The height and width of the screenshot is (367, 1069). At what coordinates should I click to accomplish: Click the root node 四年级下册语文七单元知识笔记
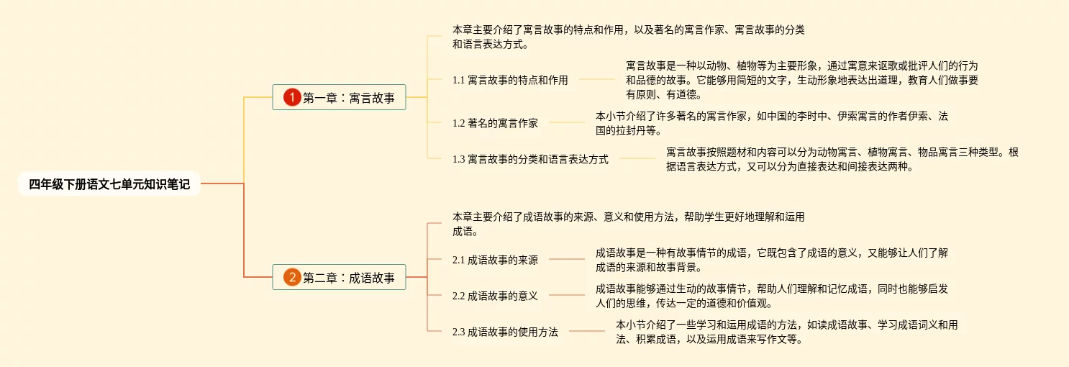(109, 184)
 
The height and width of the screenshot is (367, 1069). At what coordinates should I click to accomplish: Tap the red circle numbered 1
(291, 98)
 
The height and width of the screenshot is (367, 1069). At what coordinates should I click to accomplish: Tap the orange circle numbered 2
(291, 278)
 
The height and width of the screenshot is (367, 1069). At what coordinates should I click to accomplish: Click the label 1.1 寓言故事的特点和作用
(510, 80)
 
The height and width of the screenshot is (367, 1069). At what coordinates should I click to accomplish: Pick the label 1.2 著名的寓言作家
(495, 123)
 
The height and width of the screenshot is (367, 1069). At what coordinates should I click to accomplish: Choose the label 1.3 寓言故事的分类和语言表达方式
(530, 160)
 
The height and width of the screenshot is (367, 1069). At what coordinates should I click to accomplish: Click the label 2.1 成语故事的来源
(495, 260)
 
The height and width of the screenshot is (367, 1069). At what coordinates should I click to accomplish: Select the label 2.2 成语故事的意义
(495, 296)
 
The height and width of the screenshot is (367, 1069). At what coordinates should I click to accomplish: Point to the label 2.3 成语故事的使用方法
(505, 332)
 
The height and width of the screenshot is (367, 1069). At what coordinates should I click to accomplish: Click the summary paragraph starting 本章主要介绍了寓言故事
(628, 37)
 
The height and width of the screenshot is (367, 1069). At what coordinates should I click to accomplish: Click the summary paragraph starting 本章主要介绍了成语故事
(628, 224)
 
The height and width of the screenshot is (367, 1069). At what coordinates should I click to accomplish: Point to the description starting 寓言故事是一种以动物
(801, 80)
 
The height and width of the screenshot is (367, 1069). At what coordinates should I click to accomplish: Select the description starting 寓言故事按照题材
(842, 160)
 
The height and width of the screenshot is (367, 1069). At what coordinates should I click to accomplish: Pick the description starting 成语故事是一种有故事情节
(771, 260)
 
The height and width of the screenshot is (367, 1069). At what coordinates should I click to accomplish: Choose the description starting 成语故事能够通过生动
(771, 296)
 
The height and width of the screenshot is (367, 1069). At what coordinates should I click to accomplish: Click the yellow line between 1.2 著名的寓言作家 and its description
(567, 122)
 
